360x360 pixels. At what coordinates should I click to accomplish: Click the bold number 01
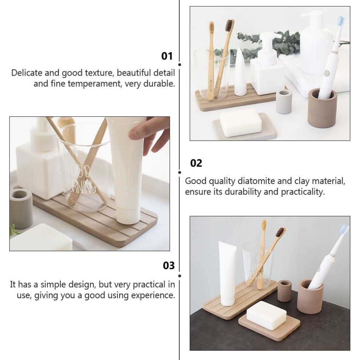167,56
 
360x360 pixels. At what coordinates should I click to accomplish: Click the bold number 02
196,163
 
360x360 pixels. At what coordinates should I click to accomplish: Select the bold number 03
169,265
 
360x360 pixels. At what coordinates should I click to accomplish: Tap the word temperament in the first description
94,84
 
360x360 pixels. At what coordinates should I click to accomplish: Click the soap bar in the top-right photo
240,123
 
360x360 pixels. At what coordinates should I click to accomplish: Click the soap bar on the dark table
266,316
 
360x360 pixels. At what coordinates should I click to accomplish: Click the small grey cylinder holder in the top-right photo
284,101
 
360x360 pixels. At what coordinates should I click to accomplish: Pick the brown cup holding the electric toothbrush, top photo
322,108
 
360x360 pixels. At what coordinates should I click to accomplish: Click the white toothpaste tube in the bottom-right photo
228,273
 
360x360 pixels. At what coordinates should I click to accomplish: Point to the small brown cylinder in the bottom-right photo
284,291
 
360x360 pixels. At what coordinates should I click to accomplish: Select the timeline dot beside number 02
180,172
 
